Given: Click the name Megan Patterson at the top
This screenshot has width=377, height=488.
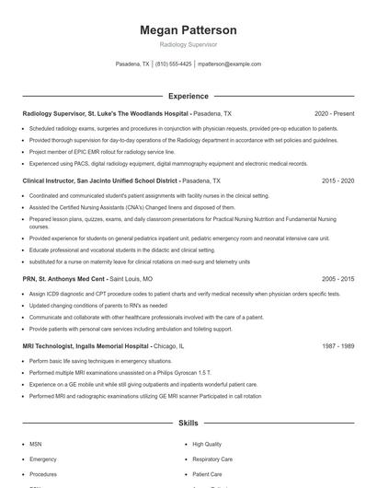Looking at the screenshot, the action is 188,29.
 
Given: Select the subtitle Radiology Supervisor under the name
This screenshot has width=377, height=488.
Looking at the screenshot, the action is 188,44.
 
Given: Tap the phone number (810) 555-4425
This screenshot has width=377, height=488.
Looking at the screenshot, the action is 174,64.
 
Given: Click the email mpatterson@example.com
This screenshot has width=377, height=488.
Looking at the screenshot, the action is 229,64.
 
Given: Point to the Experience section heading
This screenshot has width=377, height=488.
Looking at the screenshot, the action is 188,95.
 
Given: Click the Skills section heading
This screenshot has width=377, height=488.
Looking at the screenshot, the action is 188,423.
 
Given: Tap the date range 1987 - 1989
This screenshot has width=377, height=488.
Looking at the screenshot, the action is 338,346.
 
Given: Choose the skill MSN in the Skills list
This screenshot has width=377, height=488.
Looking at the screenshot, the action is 36,443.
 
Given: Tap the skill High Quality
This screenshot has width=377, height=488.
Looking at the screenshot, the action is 207,443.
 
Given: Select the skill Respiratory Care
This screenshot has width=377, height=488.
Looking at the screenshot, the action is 212,458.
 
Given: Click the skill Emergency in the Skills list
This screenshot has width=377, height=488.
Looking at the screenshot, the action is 43,458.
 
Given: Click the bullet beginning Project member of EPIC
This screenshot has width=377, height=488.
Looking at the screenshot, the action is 101,151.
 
